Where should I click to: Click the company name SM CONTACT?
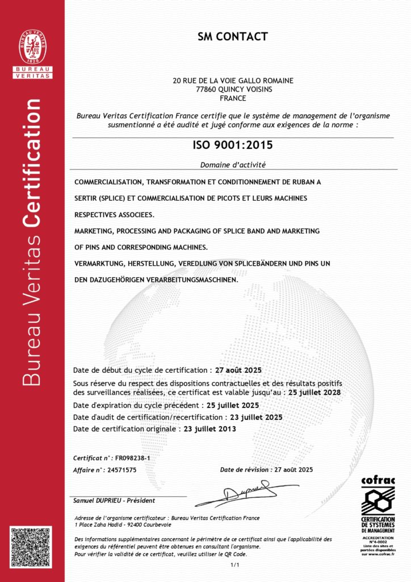(x=233, y=38)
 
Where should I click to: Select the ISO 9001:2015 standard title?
(x=233, y=145)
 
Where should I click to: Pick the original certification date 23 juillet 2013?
(x=208, y=429)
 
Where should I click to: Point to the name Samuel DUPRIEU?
(x=96, y=500)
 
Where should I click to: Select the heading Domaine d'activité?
(x=233, y=165)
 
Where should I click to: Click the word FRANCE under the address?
(x=233, y=98)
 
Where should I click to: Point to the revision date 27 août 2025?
(x=293, y=469)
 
